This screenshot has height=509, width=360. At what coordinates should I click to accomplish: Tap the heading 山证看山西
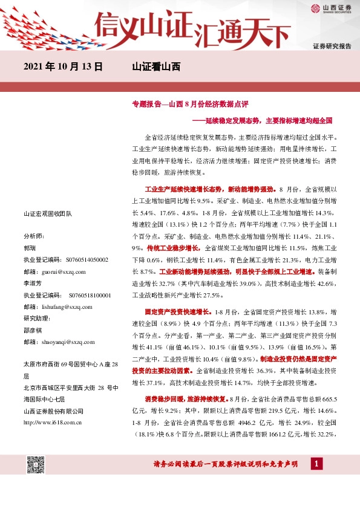click(x=156, y=67)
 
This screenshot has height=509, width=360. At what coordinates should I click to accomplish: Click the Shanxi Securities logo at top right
click(x=332, y=8)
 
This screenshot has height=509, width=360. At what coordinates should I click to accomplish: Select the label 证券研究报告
click(x=332, y=46)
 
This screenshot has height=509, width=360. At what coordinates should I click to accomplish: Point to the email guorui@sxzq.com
click(x=64, y=272)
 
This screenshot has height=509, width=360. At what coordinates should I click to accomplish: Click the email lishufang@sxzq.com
click(x=67, y=307)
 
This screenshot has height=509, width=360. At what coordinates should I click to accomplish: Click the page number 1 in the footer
click(x=316, y=464)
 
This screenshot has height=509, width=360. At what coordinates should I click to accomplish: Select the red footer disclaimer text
click(x=226, y=464)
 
